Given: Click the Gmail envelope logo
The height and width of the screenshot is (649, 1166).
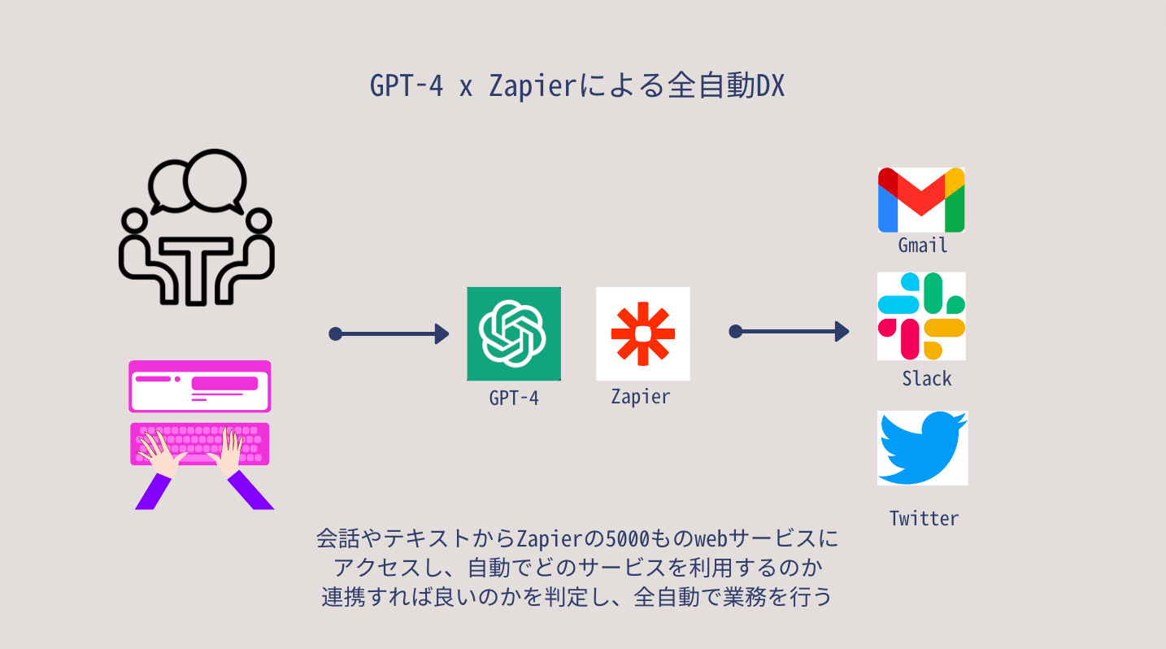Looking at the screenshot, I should tap(921, 200).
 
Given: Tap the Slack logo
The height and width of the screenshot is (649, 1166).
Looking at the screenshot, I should tap(921, 316).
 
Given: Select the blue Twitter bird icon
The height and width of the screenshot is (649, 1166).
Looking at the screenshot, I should tap(922, 448).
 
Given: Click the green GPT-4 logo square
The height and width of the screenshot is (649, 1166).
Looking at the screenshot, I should tap(514, 333).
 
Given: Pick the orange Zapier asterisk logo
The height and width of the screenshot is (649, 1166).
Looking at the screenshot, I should tap(642, 333).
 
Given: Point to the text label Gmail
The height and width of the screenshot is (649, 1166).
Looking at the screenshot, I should tap(923, 245).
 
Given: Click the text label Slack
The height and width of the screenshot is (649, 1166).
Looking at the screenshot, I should tap(926, 378).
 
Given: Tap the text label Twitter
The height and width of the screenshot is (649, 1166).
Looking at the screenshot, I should tap(924, 518).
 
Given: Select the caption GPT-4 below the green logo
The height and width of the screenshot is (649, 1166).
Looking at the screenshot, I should tap(514, 398).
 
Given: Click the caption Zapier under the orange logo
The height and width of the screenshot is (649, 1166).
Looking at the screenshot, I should tap(641, 397).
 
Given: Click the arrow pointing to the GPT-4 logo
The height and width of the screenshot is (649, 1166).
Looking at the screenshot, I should tap(389, 333).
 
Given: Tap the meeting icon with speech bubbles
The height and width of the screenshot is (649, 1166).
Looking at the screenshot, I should tap(196, 227).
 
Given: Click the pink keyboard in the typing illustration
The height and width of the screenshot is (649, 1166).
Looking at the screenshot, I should tap(199, 444).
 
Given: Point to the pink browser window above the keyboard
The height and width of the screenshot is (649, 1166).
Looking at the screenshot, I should tap(199, 386).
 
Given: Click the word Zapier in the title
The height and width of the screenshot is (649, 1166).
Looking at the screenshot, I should tap(532, 85).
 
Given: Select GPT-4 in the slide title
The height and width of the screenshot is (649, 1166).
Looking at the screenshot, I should tap(407, 85).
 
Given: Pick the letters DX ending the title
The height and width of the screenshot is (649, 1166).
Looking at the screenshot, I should tap(770, 85).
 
